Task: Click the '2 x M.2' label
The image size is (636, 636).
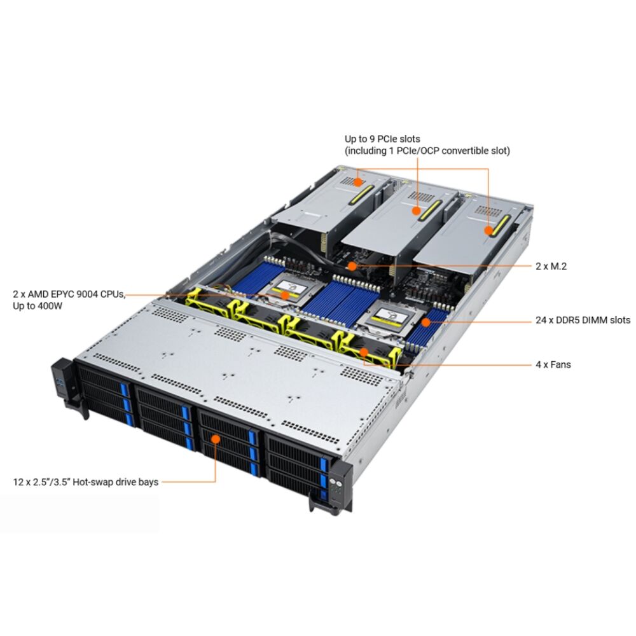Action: pyautogui.click(x=551, y=266)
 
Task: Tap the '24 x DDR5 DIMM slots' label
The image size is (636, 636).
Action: pyautogui.click(x=583, y=320)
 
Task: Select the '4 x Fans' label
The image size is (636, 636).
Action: pyautogui.click(x=553, y=364)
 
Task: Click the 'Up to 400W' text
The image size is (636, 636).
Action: pyautogui.click(x=38, y=306)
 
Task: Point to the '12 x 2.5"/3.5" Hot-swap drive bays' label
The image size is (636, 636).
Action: pyautogui.click(x=86, y=482)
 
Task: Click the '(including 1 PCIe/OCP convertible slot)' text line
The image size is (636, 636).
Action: pyautogui.click(x=427, y=151)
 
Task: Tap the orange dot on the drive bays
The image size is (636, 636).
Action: pyautogui.click(x=216, y=439)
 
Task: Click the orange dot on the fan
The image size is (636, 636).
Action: pyautogui.click(x=364, y=352)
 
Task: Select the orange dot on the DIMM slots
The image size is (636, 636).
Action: pyautogui.click(x=425, y=322)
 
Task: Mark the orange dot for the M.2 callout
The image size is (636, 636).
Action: pyautogui.click(x=352, y=266)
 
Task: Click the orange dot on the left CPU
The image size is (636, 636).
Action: pyautogui.click(x=285, y=295)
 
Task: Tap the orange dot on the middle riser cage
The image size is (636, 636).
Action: pyautogui.click(x=417, y=211)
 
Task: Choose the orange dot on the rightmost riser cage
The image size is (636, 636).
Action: pyautogui.click(x=488, y=231)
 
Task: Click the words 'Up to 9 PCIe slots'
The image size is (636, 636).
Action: pyautogui.click(x=382, y=139)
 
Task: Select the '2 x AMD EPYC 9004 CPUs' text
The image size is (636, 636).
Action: pyautogui.click(x=69, y=294)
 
